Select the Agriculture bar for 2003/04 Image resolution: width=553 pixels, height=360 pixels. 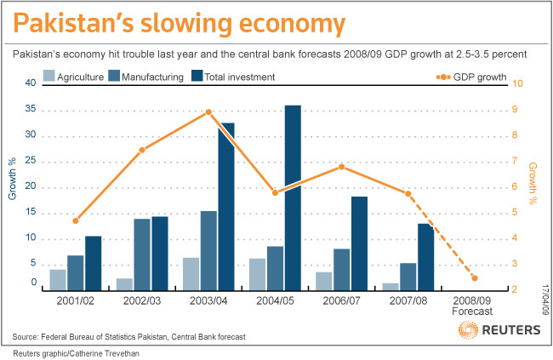tap(191, 273)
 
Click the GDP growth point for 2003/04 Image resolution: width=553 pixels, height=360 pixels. tap(208, 112)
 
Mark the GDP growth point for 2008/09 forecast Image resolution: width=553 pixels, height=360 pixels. tap(474, 278)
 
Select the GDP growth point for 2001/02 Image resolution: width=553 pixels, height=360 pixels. tap(75, 221)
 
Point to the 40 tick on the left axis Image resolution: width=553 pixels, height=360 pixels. tap(30, 83)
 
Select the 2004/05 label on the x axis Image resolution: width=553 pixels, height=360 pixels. tap(275, 301)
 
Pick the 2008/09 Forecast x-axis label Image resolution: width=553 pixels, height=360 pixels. tap(474, 306)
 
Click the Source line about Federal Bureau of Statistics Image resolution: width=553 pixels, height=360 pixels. tap(129, 337)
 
